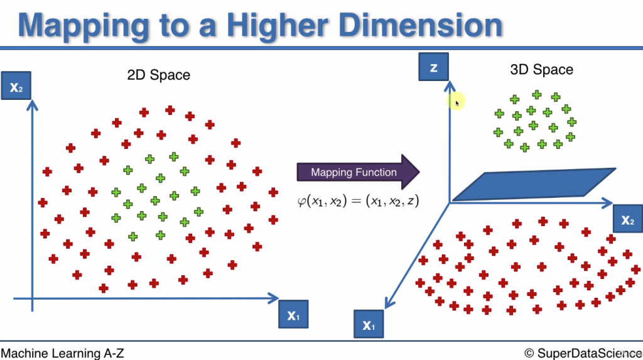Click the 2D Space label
coord(158,75)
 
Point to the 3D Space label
coord(541,69)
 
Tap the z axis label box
coord(434,67)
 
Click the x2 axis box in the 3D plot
coord(627,219)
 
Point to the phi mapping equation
coord(358,201)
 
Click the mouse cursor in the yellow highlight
coord(457,102)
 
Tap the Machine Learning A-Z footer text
coord(63,353)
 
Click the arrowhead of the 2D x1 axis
coord(274,298)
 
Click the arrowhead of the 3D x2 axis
coord(608,203)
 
